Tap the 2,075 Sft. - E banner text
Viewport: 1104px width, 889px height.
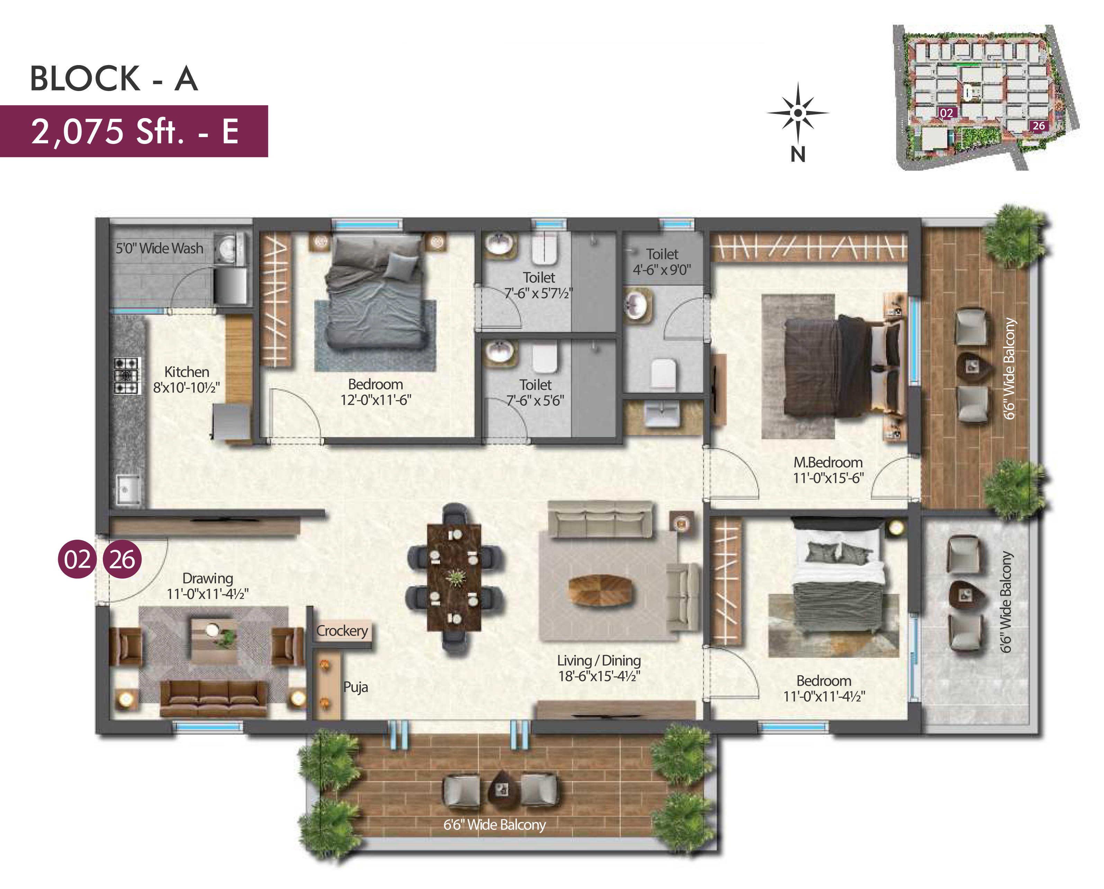click(135, 131)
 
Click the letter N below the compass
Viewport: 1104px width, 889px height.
click(798, 154)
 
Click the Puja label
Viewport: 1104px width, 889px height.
click(356, 687)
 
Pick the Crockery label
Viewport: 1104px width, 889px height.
click(342, 630)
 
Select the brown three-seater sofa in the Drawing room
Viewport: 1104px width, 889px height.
click(214, 698)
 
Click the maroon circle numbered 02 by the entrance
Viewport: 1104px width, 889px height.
click(77, 559)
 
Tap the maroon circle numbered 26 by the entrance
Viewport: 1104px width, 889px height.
click(123, 559)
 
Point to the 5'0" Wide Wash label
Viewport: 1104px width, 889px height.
click(159, 248)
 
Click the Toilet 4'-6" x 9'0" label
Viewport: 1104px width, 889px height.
click(662, 262)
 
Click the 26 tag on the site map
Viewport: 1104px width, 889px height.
click(1039, 125)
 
